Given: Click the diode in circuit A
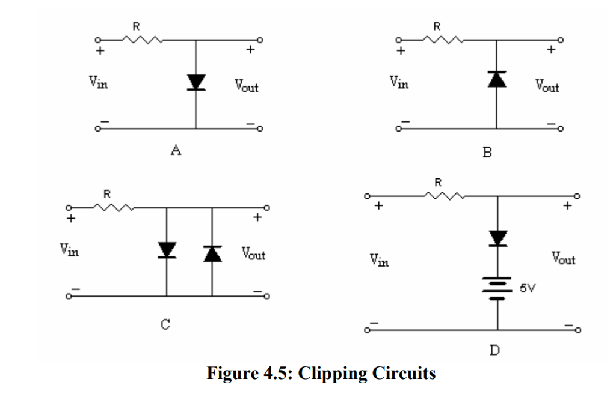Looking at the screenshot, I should (x=196, y=83).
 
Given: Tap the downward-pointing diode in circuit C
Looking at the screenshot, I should (x=166, y=250).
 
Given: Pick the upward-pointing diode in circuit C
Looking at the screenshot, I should (x=212, y=253).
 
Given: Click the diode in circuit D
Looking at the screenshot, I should (x=498, y=238).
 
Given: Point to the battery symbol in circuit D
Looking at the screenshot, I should (x=498, y=288).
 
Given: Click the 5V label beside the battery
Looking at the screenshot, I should (x=528, y=288).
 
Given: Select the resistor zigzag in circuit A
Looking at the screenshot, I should (x=143, y=40).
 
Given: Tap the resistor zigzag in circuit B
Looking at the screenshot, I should (x=442, y=40).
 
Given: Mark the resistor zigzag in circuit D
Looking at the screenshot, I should (x=444, y=195).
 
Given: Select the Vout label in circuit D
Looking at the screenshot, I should (x=564, y=259).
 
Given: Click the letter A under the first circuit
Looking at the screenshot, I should (x=176, y=151).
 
